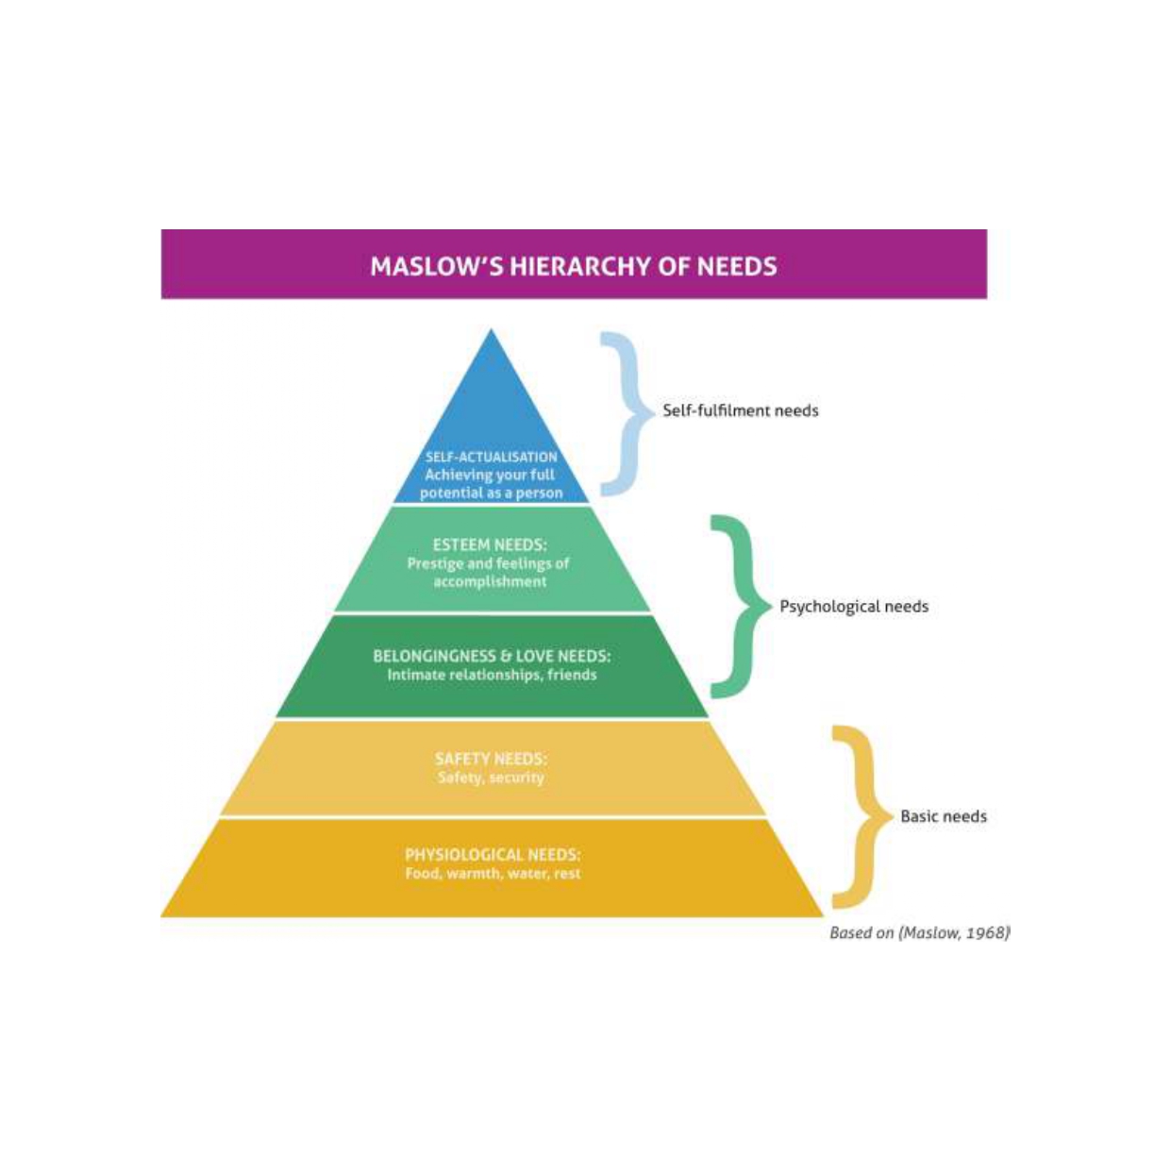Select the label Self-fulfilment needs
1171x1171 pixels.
[740, 410]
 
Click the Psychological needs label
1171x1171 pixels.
[853, 607]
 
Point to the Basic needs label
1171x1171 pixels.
[943, 816]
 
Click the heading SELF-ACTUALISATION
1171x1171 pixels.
[491, 457]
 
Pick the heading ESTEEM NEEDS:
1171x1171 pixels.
[490, 544]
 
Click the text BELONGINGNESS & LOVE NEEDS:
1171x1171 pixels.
[492, 656]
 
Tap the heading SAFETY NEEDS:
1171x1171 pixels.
[491, 759]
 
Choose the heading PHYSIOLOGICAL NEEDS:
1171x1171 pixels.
[493, 855]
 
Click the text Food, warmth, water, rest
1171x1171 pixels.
[493, 874]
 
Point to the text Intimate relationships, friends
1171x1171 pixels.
[492, 675]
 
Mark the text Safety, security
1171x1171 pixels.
[491, 778]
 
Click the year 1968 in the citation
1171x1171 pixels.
[987, 933]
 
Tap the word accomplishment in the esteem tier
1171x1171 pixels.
[490, 581]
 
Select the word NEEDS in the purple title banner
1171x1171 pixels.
[737, 266]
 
